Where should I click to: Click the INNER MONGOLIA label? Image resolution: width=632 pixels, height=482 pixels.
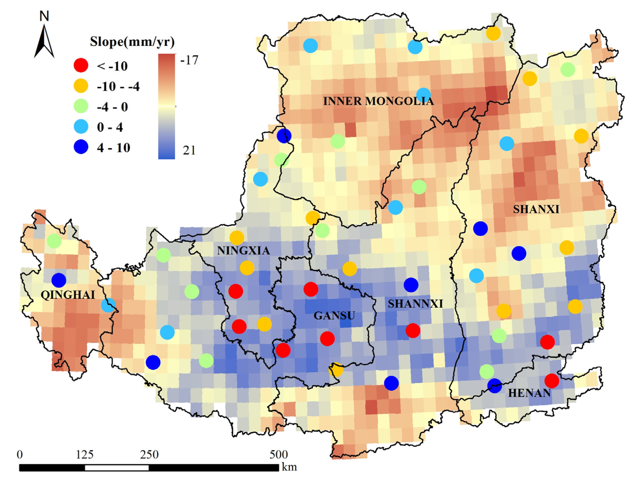tap(378, 101)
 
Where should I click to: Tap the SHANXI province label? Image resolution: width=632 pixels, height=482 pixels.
tap(536, 210)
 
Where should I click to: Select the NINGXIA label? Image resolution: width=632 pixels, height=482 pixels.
tap(243, 251)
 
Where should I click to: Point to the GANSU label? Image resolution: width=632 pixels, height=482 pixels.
tap(334, 316)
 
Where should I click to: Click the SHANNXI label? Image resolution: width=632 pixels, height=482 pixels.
tap(415, 304)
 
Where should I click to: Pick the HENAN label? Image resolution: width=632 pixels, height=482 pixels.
tap(529, 393)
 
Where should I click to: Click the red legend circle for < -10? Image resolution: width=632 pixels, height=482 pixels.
tap(81, 66)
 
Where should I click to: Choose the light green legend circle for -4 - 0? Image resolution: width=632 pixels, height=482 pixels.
tap(81, 106)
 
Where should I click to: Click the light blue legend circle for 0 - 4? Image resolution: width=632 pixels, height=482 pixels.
tap(81, 127)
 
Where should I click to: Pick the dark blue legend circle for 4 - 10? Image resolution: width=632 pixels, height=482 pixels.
tap(81, 147)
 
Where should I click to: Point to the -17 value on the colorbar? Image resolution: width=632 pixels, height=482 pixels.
tap(189, 60)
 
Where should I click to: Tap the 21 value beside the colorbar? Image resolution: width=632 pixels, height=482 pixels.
tap(189, 150)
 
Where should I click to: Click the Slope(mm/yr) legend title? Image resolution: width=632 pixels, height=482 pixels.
tap(132, 42)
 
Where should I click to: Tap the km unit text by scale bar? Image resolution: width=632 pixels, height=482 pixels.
tap(289, 467)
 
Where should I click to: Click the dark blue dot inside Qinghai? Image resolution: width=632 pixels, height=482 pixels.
tap(59, 280)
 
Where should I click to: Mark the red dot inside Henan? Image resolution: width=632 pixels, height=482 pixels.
tap(551, 381)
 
